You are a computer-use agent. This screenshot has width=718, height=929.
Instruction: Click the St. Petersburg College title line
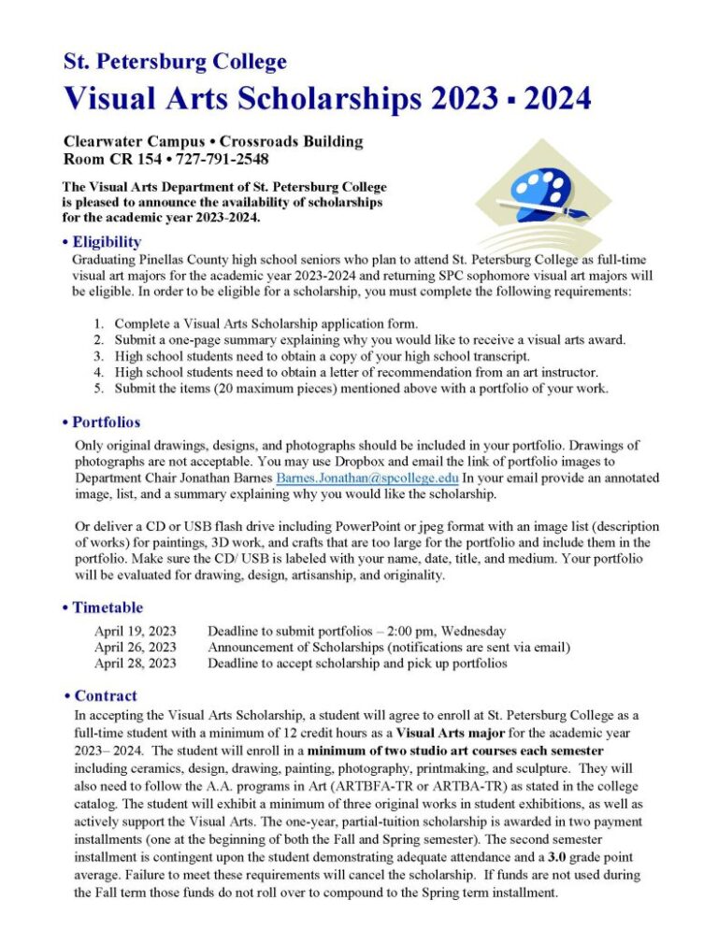(x=175, y=63)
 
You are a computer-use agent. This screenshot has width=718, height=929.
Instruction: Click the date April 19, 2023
(x=135, y=631)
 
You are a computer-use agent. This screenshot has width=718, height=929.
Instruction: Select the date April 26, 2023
(x=135, y=647)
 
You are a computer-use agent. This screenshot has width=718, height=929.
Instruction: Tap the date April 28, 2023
(x=135, y=663)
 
